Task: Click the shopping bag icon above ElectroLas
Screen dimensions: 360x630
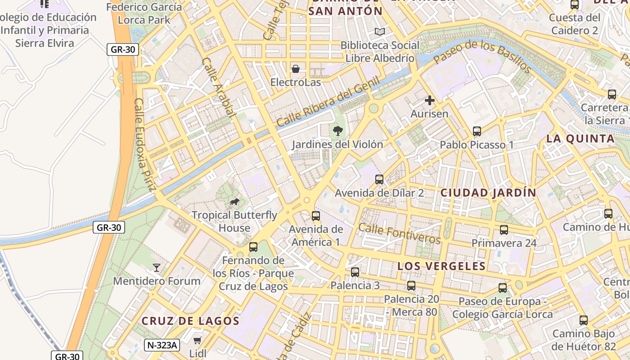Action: (296, 69)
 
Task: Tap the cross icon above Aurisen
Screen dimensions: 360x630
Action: (430, 100)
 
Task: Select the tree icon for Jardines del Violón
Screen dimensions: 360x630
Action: (337, 131)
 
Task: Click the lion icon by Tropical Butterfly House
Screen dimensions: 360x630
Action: (234, 202)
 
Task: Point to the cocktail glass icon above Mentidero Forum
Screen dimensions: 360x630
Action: (156, 268)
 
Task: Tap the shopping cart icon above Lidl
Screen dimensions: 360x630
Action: (197, 340)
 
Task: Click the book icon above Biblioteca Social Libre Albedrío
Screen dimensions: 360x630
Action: (380, 31)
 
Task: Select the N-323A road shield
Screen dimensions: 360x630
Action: (162, 346)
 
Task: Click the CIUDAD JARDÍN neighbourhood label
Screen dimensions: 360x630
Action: (488, 193)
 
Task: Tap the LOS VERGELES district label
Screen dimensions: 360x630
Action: (441, 266)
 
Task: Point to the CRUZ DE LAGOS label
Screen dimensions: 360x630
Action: (190, 321)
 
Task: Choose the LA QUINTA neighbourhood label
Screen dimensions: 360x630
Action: (580, 139)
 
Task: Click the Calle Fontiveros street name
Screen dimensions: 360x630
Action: (399, 233)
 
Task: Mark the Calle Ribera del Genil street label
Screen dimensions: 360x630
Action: (328, 102)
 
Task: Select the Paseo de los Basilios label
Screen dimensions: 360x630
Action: (482, 56)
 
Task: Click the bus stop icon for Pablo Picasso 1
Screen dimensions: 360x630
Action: (477, 131)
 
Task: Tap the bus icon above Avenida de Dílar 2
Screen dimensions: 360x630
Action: (379, 180)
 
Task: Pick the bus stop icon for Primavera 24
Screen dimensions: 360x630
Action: (504, 230)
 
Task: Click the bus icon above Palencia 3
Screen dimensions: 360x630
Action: (355, 272)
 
